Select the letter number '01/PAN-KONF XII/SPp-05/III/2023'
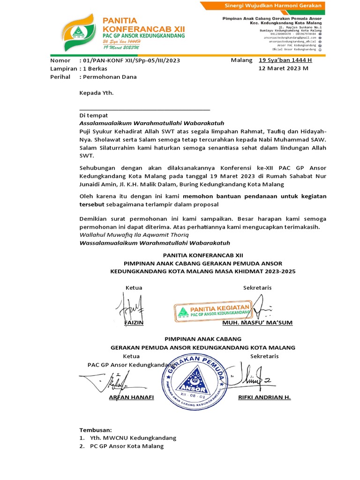[x=131, y=60]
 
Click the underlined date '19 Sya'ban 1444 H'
[x=285, y=60]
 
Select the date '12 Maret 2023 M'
[x=283, y=68]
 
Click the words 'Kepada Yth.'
[x=97, y=93]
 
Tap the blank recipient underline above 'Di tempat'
[x=144, y=109]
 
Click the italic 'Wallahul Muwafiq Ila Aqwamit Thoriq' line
[x=134, y=234]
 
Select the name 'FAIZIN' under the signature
[x=134, y=323]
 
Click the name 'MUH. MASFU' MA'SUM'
[x=257, y=323]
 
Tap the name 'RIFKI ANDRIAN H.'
[x=264, y=397]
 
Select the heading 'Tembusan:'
[x=96, y=429]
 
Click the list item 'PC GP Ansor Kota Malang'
[x=127, y=446]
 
